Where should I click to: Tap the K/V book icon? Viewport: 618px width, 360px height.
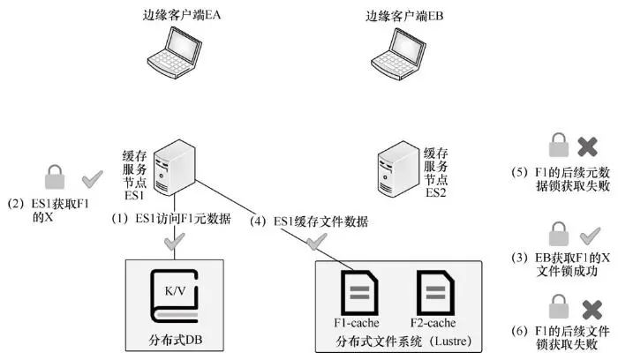tap(176, 296)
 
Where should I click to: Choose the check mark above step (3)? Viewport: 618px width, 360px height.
tap(588, 235)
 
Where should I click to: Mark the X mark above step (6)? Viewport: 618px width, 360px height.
tap(588, 308)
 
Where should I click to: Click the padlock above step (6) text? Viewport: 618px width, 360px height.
tap(558, 307)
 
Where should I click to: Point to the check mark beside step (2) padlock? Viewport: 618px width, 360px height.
tap(91, 179)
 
